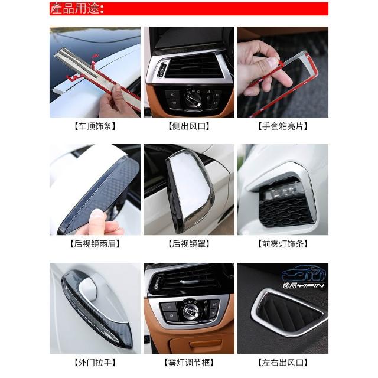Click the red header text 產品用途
77,9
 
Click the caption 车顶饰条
95,126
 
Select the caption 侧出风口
189,126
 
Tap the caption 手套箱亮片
283,126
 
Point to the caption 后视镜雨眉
95,244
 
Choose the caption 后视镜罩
189,244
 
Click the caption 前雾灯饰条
283,244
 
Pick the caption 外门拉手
95,362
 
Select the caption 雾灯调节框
189,362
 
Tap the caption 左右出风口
283,362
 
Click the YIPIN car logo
304,277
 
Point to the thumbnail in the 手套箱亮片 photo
273,63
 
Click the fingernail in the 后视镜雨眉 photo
98,214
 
